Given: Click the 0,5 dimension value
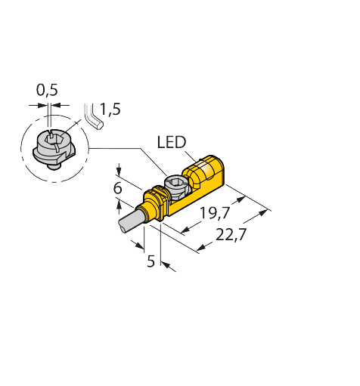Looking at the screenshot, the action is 47,90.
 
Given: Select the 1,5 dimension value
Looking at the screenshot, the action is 110,110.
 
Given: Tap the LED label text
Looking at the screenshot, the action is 172,142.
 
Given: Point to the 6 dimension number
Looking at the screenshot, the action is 117,188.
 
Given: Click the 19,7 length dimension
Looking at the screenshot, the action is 215,213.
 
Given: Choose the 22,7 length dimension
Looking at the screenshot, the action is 231,235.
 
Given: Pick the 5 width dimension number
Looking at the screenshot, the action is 151,261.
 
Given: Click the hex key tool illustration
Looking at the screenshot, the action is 94,116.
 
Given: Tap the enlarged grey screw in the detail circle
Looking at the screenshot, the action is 54,149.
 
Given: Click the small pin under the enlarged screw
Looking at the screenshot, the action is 54,166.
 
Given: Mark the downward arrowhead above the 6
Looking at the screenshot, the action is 119,171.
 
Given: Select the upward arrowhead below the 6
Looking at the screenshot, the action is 119,204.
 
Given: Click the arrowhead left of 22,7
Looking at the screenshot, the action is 201,247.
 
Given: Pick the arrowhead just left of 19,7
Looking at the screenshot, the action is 186,230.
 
